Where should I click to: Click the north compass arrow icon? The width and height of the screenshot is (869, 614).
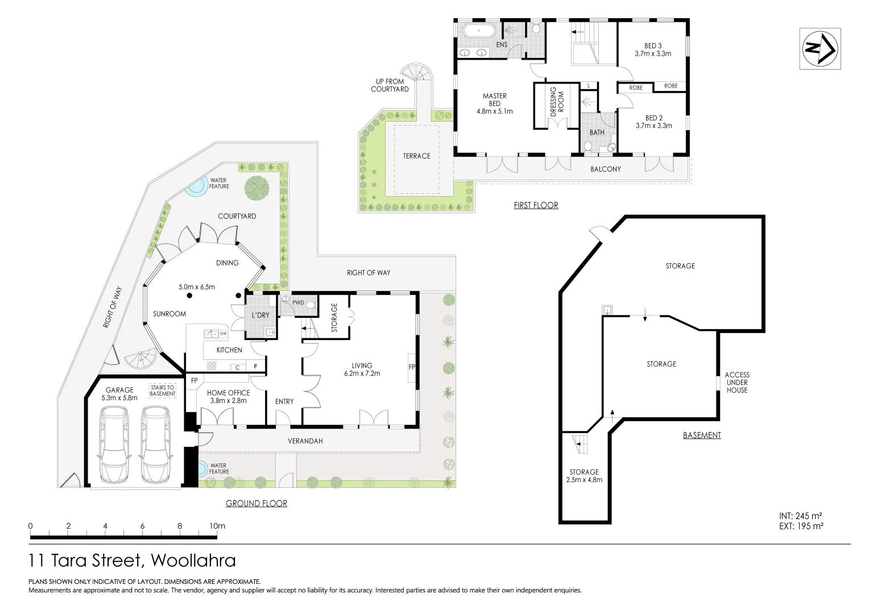point(820,49)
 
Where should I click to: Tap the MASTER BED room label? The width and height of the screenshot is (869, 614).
point(494,103)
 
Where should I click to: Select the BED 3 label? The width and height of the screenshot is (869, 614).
point(653,49)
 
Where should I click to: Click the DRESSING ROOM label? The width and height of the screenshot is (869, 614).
point(557,102)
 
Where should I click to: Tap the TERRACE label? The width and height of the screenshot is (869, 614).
point(416,156)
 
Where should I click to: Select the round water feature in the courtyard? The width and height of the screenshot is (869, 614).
point(196,186)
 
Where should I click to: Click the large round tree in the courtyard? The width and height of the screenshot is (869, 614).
point(258,188)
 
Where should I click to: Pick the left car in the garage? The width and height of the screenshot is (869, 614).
point(114,445)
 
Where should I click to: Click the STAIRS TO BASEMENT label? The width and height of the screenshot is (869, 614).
point(163,391)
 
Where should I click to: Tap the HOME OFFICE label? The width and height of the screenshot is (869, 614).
point(228,396)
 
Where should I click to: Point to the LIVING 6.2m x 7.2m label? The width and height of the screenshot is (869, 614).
point(362,370)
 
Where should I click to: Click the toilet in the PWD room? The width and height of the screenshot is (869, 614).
point(311,305)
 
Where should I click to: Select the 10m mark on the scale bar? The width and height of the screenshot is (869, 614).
point(217,526)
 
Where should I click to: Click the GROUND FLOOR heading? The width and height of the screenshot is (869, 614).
point(256,503)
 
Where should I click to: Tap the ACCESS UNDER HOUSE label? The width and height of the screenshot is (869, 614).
point(736,383)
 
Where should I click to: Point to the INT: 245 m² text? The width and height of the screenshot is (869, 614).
point(800,516)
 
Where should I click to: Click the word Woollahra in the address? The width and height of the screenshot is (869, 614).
point(193,561)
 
